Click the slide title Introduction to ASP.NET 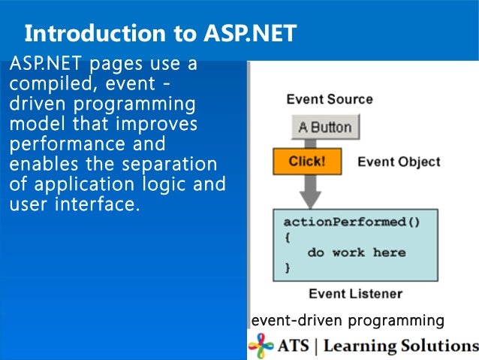(x=160, y=33)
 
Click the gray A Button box (x=325, y=127)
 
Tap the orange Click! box (x=306, y=162)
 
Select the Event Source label (x=329, y=99)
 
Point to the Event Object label (x=398, y=162)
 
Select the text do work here (x=356, y=253)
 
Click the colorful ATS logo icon (x=261, y=346)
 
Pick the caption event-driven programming (x=348, y=321)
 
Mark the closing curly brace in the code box (x=287, y=267)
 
